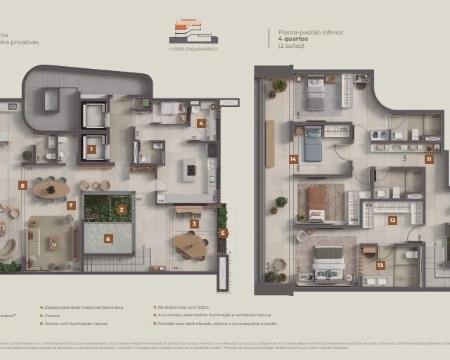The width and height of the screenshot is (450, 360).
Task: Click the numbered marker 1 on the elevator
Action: click(x=92, y=149)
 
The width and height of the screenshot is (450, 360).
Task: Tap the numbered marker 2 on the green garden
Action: click(x=121, y=209)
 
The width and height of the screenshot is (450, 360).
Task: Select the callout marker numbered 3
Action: click(x=194, y=223)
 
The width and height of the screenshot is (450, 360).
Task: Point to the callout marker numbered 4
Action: click(x=201, y=122)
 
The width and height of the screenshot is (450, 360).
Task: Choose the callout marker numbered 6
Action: click(x=108, y=239)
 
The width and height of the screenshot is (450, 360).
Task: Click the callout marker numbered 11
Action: click(x=429, y=159)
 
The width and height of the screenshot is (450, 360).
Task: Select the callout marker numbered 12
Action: click(x=392, y=220)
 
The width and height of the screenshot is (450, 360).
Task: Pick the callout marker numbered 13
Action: click(x=381, y=265)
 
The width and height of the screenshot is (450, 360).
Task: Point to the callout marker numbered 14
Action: click(x=294, y=159)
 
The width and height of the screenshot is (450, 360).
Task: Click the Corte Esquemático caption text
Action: click(x=193, y=49)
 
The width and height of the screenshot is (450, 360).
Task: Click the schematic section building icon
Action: click(x=193, y=32)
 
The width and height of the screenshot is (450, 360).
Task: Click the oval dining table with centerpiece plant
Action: click(x=51, y=190)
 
